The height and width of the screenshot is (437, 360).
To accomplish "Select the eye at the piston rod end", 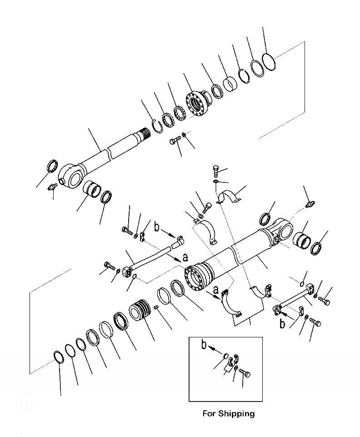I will click(71, 176).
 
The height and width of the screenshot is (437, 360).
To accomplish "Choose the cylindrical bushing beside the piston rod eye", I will click(92, 188).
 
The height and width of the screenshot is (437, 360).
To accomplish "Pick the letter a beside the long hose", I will click(185, 257).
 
